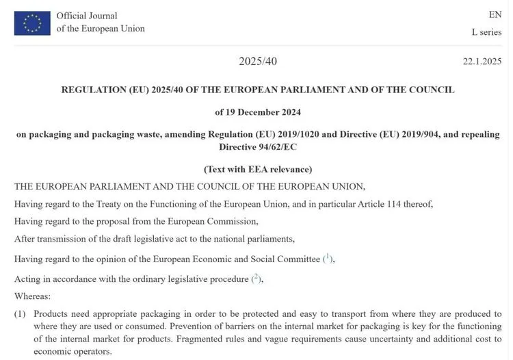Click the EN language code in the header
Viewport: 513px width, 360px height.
click(x=495, y=14)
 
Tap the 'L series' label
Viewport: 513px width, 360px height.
click(x=486, y=32)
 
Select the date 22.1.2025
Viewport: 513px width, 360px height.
click(x=482, y=62)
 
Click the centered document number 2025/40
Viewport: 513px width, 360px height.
click(x=258, y=62)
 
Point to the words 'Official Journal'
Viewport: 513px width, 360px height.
click(x=87, y=16)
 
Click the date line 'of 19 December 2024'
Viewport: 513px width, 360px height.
click(x=258, y=112)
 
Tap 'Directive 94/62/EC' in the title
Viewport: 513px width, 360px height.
click(x=258, y=146)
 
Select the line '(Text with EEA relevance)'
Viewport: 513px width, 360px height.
click(x=258, y=168)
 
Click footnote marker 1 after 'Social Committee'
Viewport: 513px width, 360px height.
click(x=328, y=257)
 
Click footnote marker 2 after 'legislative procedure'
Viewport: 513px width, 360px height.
click(x=256, y=278)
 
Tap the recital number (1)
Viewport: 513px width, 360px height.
click(x=21, y=313)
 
